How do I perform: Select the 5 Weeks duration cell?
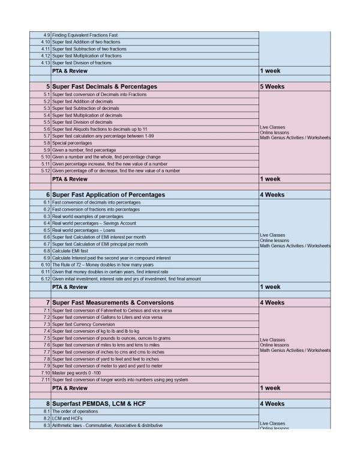coord(272,86)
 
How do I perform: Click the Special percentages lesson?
coord(72,143)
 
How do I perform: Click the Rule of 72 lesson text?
coord(103,265)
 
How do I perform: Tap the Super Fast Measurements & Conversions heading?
coord(113,302)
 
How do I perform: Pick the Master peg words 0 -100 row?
coord(81,373)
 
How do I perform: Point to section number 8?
coord(47,404)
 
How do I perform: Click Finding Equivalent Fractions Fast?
coord(87,35)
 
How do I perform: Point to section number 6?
coord(47,195)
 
